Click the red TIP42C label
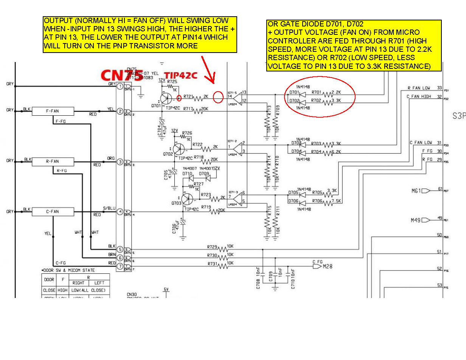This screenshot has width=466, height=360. tap(180, 76)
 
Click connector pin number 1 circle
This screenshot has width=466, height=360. tap(120, 87)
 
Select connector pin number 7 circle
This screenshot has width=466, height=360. tap(120, 266)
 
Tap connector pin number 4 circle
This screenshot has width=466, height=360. tap(120, 212)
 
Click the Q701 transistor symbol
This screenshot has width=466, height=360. tap(166, 98)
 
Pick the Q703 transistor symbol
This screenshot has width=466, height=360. tap(187, 199)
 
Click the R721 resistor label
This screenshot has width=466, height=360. tap(188, 96)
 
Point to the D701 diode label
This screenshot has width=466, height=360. tap(294, 92)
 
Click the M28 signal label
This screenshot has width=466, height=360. tap(328, 267)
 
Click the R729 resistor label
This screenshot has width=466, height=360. tap(212, 247)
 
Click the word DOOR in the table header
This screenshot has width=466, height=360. tap(49, 279)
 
